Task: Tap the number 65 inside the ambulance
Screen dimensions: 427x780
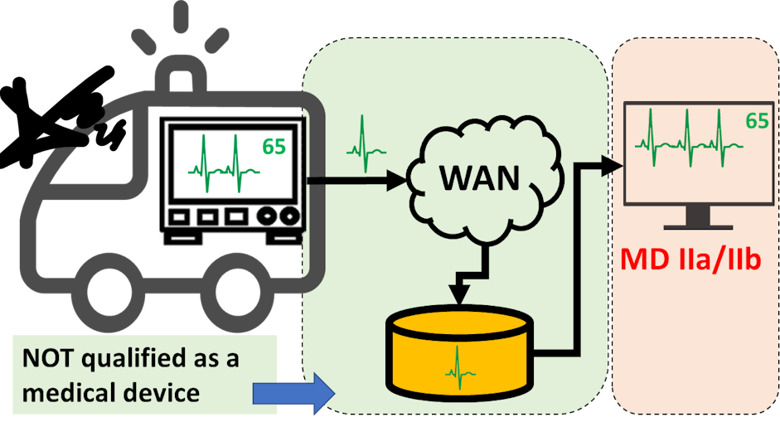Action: [x=274, y=147]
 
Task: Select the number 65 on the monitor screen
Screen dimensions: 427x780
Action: [x=756, y=121]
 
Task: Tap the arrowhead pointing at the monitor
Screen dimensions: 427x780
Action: [x=613, y=166]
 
